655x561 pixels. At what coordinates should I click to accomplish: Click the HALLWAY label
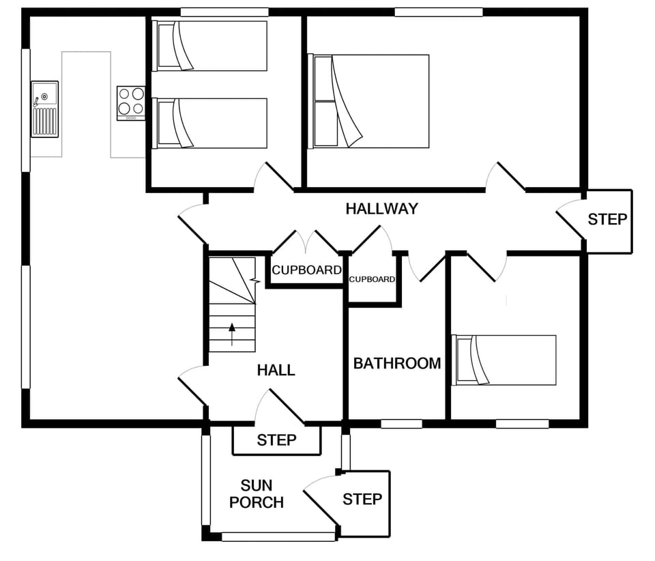pyautogui.click(x=381, y=209)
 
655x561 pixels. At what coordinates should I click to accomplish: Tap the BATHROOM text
pyautogui.click(x=396, y=363)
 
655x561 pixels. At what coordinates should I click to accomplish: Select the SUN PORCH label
pyautogui.click(x=257, y=494)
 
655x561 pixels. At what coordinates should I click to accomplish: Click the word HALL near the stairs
pyautogui.click(x=276, y=370)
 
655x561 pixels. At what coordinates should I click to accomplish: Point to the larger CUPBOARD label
pyautogui.click(x=306, y=270)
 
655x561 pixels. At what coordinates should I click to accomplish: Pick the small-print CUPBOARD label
pyautogui.click(x=372, y=279)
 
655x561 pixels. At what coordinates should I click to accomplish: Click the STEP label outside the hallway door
pyautogui.click(x=607, y=220)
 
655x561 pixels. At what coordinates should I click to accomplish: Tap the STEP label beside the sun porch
pyautogui.click(x=362, y=499)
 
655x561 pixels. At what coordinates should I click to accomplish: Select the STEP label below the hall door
pyautogui.click(x=276, y=440)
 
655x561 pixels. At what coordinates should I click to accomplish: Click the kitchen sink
pyautogui.click(x=45, y=109)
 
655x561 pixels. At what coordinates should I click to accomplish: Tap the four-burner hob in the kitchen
pyautogui.click(x=131, y=102)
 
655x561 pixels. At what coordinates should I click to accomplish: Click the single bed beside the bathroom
pyautogui.click(x=504, y=360)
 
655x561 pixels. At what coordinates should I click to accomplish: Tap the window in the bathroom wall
pyautogui.click(x=401, y=424)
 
